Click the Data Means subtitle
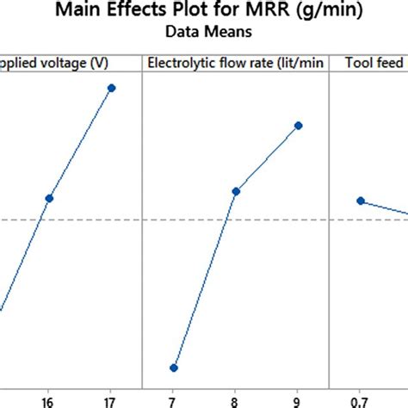point(203,34)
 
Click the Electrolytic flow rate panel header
point(235,63)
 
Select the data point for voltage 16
point(49,198)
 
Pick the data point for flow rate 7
point(174,368)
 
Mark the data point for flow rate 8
point(236,190)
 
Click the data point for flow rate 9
point(298,125)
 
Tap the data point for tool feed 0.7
point(361,201)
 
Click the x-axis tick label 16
point(49,401)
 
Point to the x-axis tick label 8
point(236,401)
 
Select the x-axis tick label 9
point(298,401)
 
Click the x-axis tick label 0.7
point(361,401)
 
